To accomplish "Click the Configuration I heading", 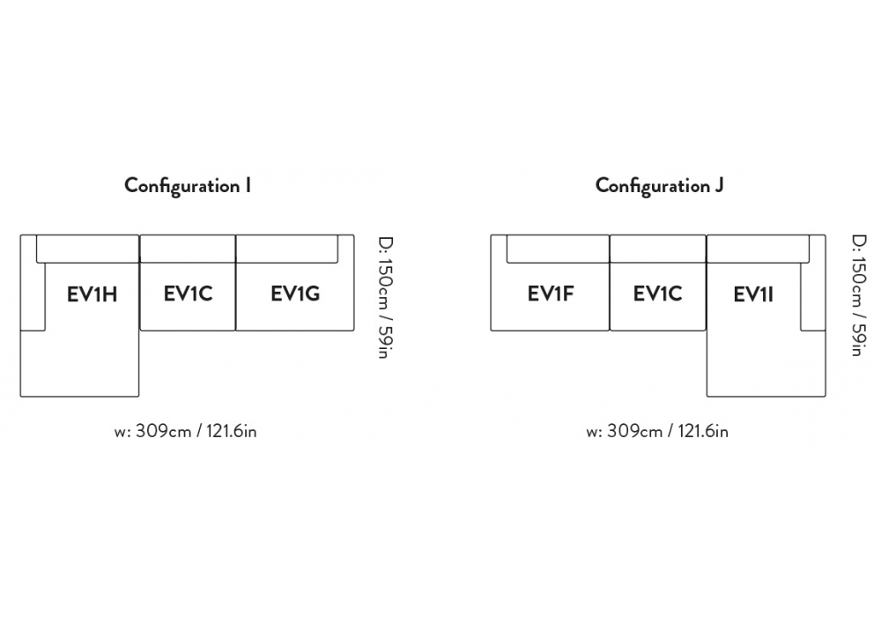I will [188, 186].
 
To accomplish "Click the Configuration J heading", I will [659, 186].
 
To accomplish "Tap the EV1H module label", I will [92, 294].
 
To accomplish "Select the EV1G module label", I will [294, 294].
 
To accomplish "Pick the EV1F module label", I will [551, 294].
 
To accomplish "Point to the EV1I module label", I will [753, 294].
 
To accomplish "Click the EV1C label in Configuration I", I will [188, 294].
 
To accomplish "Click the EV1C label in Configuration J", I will [657, 294].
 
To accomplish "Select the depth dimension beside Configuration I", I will [384, 297].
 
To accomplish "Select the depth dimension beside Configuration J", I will [856, 297].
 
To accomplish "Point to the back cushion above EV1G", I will [287, 249].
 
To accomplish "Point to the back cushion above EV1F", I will [558, 249].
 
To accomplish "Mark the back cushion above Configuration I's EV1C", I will [188, 249].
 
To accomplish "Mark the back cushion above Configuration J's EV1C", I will [657, 249].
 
